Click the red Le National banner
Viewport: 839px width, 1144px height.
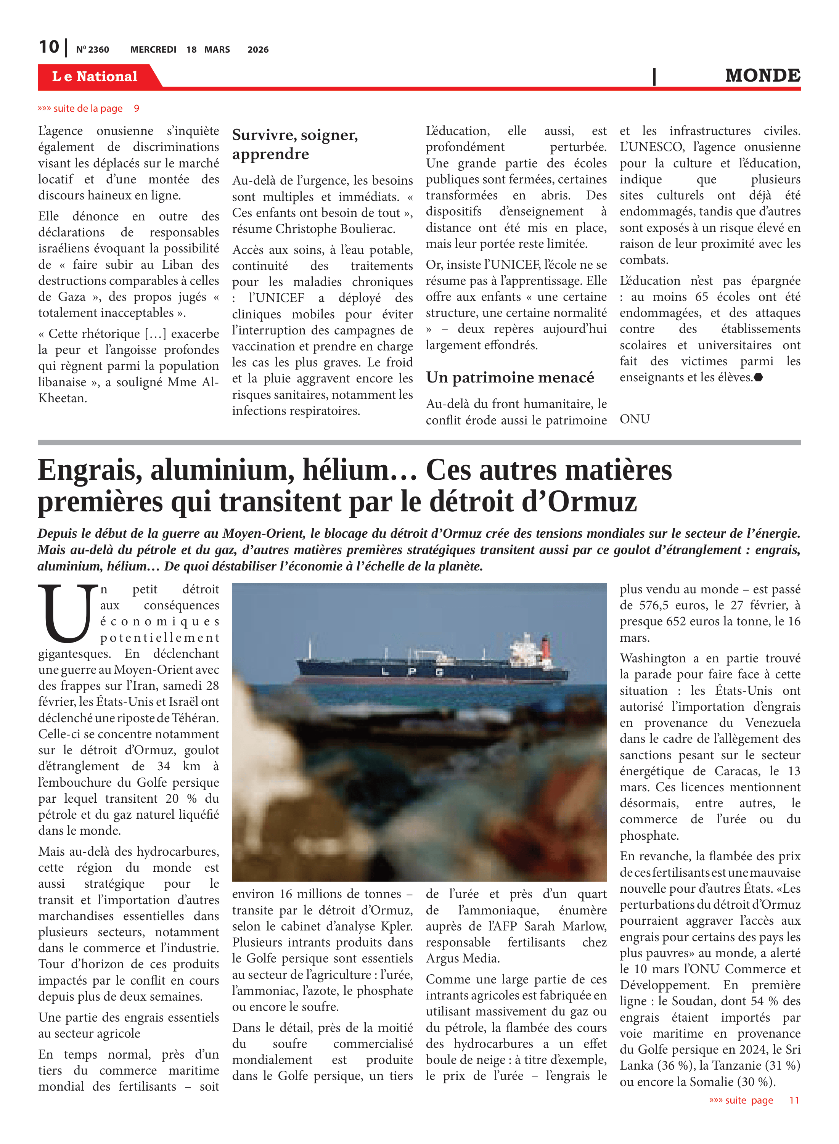(x=95, y=77)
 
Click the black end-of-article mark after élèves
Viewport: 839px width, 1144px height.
(x=758, y=377)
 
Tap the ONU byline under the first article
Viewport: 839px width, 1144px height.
(x=634, y=419)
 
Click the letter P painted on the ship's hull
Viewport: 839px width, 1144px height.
(x=412, y=672)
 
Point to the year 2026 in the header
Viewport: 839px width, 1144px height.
(x=258, y=50)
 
